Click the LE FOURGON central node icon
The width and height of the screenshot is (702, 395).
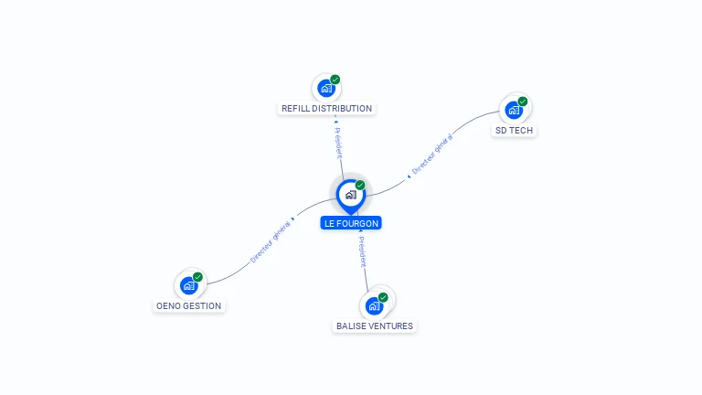tap(350, 195)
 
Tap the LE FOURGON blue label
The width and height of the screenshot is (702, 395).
tap(351, 223)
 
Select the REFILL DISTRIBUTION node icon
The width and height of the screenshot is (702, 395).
tap(325, 89)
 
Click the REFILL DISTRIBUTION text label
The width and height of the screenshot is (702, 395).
tap(326, 109)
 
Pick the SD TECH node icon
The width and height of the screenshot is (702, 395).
tap(514, 111)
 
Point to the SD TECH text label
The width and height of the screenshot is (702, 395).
tap(515, 131)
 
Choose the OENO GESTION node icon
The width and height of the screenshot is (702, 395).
tap(188, 285)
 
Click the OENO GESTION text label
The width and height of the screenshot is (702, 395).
tap(188, 306)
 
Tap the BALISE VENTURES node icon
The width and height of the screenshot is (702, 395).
tap(374, 305)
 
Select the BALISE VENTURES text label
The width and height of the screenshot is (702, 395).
tap(374, 326)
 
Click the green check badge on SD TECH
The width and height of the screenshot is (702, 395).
tap(523, 101)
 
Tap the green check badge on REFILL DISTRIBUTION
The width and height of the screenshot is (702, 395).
tap(335, 80)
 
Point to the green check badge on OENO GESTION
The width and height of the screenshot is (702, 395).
tap(197, 277)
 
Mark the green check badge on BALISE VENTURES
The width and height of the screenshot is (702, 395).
tap(383, 297)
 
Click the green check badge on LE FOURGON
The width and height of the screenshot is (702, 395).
tap(360, 186)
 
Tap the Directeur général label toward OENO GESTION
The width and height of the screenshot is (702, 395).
tap(271, 240)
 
